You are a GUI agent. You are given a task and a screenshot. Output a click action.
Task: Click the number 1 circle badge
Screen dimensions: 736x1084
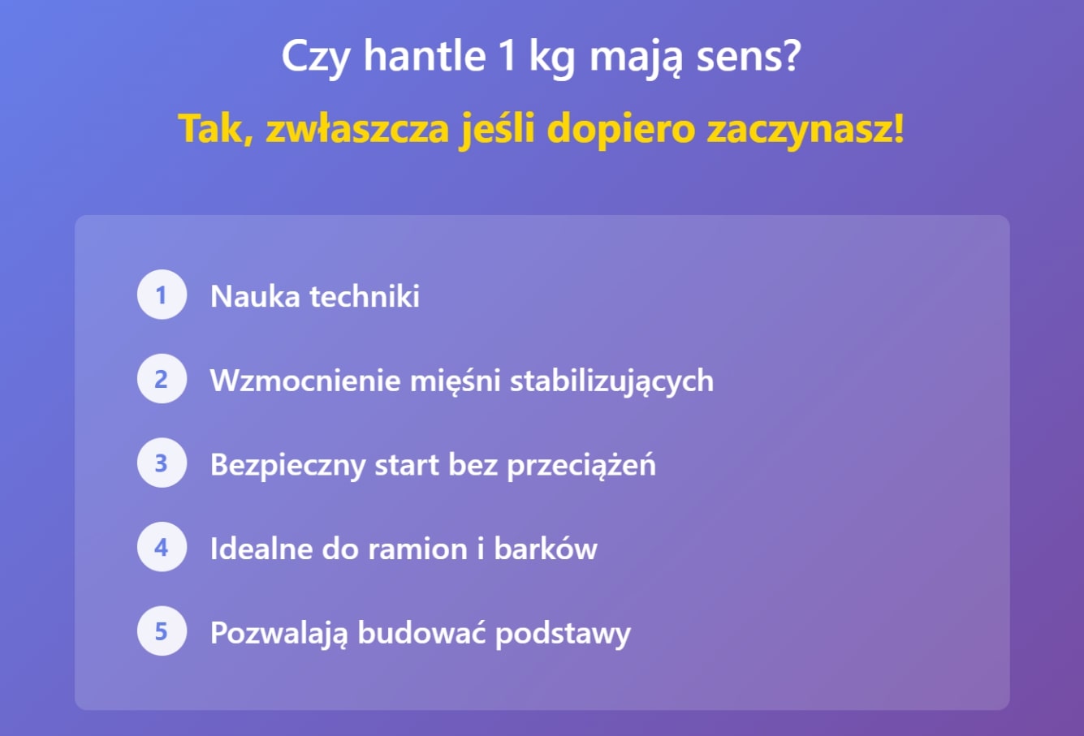pyautogui.click(x=162, y=295)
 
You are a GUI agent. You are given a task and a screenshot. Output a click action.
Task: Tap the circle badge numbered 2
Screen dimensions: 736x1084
pyautogui.click(x=162, y=379)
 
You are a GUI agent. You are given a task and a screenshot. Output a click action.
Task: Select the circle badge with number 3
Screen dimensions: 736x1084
pyautogui.click(x=162, y=463)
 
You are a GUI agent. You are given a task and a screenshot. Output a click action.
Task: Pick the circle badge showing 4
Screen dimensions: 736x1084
pyautogui.click(x=162, y=548)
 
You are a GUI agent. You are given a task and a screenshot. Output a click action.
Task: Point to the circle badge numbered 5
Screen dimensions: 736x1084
pyautogui.click(x=162, y=631)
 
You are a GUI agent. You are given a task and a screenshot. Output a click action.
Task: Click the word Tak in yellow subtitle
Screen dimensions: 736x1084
pyautogui.click(x=209, y=129)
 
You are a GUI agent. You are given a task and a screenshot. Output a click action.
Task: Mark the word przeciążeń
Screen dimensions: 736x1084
pyautogui.click(x=581, y=466)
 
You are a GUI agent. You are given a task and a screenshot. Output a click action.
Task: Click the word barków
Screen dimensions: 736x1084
pyautogui.click(x=546, y=549)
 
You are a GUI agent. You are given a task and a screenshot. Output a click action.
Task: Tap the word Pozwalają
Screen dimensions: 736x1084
pyautogui.click(x=279, y=633)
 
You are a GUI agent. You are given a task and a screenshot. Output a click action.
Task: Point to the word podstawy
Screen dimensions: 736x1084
pyautogui.click(x=563, y=633)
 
